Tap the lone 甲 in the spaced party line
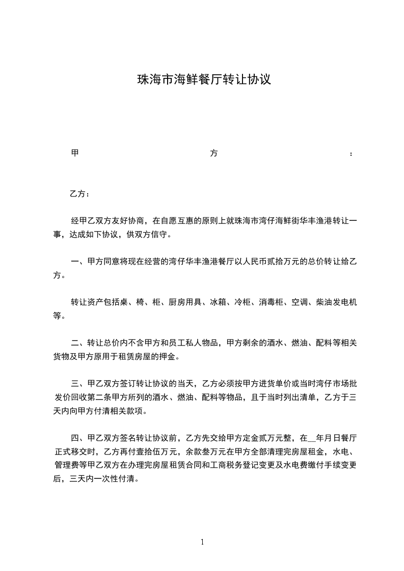74,153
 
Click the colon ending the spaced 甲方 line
352,154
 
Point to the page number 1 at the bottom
202,542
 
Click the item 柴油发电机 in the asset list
336,302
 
